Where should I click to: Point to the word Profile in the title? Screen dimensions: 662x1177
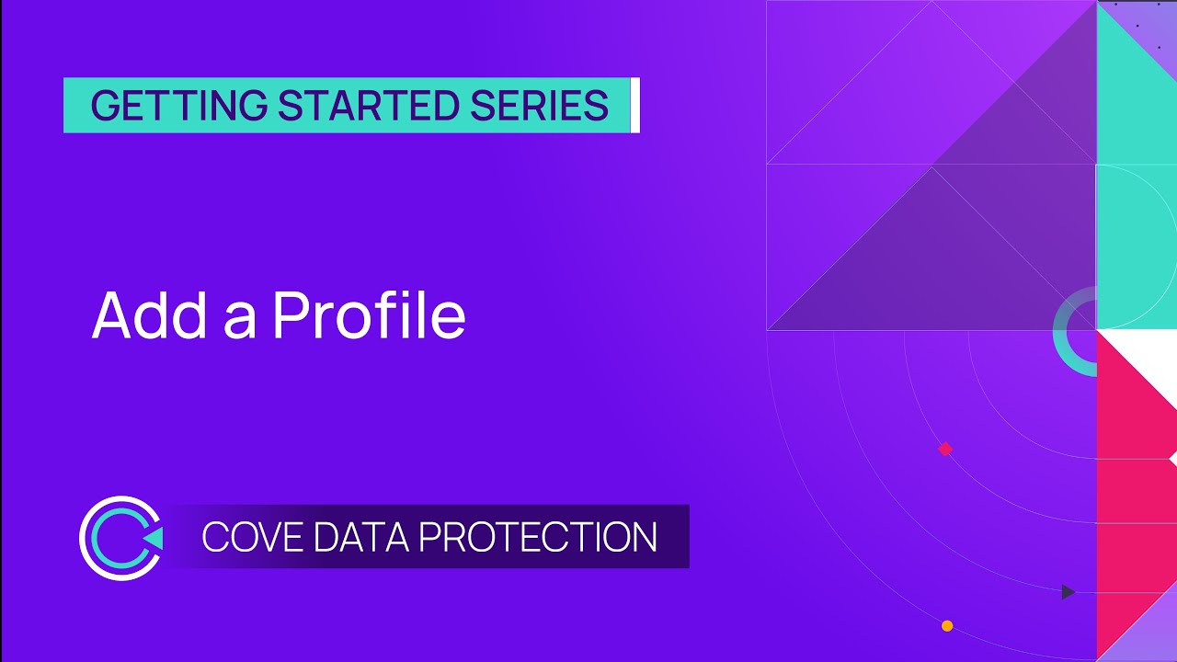point(369,315)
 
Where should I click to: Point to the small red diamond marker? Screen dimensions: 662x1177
point(944,450)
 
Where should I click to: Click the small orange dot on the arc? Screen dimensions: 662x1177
point(947,626)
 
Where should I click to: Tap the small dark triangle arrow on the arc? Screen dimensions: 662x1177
point(1068,592)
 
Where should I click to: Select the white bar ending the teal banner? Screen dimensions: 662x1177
point(634,106)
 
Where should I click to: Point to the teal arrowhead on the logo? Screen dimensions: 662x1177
point(154,538)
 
